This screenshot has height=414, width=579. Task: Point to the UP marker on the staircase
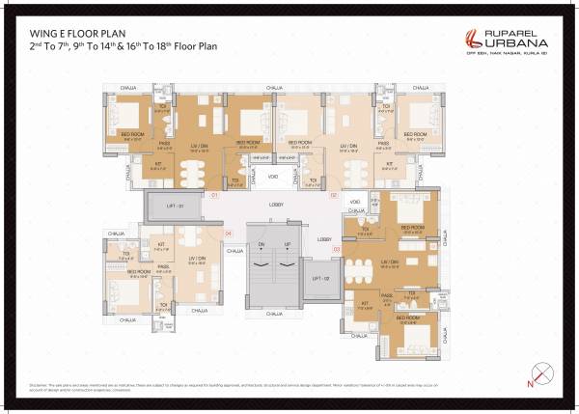[287, 245]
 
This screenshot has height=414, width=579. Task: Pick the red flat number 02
[334, 195]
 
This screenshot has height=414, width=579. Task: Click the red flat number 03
[335, 249]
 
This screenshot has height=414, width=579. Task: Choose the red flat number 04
[228, 234]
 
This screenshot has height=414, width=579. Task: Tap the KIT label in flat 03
[366, 303]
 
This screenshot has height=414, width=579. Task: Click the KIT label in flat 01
[159, 164]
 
